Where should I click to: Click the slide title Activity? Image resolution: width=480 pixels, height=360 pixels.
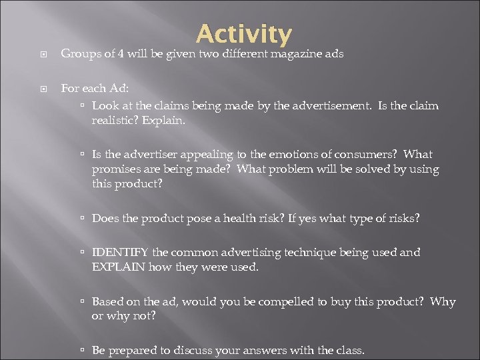point(244,34)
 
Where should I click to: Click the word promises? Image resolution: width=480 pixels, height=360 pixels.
point(115,169)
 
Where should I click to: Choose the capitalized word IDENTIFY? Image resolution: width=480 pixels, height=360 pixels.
point(121,252)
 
